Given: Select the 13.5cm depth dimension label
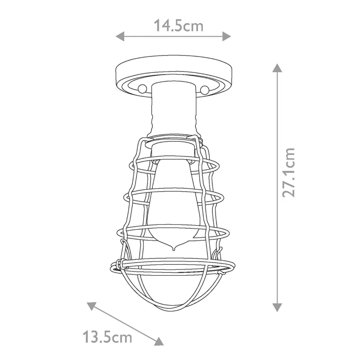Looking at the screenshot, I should pyautogui.click(x=107, y=337).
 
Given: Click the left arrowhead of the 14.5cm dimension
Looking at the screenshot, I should pyautogui.click(x=120, y=36).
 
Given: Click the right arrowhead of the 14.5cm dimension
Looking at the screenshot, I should pyautogui.click(x=227, y=36).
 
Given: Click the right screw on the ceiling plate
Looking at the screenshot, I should pyautogui.click(x=204, y=89).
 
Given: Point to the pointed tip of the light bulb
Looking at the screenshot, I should pyautogui.click(x=173, y=248).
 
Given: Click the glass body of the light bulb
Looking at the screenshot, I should pyautogui.click(x=173, y=200).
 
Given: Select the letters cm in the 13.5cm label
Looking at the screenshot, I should pyautogui.click(x=122, y=338).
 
